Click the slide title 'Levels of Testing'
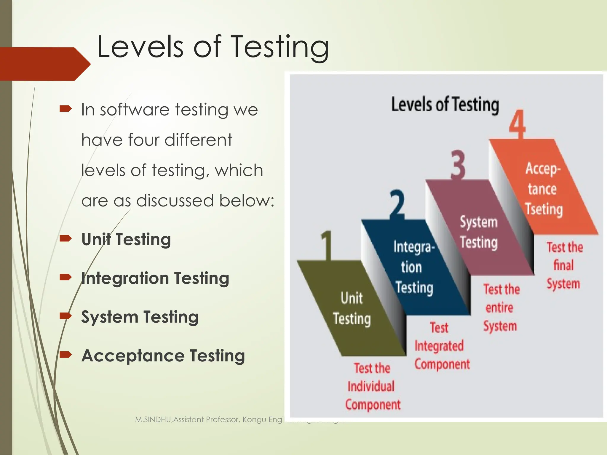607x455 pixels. tap(213, 47)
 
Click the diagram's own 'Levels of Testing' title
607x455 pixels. tap(445, 105)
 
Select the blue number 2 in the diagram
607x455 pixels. tap(397, 204)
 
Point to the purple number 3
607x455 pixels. tap(458, 165)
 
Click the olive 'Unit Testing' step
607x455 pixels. tap(352, 308)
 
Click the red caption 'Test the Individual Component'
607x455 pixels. tap(372, 387)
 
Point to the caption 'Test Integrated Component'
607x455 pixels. tap(441, 346)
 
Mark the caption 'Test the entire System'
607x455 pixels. tap(501, 307)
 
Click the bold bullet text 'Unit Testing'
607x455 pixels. tap(126, 239)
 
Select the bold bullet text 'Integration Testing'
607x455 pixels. tap(155, 278)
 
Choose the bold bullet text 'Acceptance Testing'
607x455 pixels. tap(163, 356)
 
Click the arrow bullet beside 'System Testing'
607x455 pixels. tap(65, 316)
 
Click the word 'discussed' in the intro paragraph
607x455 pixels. tap(175, 201)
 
